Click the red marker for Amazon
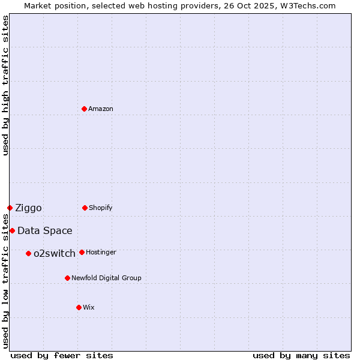click(x=85, y=109)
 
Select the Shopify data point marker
click(x=85, y=208)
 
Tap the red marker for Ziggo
click(x=10, y=208)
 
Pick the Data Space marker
click(x=12, y=230)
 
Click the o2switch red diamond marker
click(x=28, y=253)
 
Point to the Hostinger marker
click(x=82, y=252)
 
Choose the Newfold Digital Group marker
click(x=67, y=278)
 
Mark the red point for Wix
click(x=79, y=307)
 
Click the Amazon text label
click(x=101, y=109)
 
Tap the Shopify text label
click(x=101, y=208)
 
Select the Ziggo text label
click(x=28, y=208)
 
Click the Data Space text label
click(x=45, y=231)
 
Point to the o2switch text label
click(x=55, y=254)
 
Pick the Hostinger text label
click(x=101, y=252)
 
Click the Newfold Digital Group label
click(x=106, y=278)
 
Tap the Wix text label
click(x=89, y=307)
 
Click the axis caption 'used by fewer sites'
click(x=62, y=355)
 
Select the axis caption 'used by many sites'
click(x=301, y=355)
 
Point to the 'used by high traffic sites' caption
click(x=5, y=85)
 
